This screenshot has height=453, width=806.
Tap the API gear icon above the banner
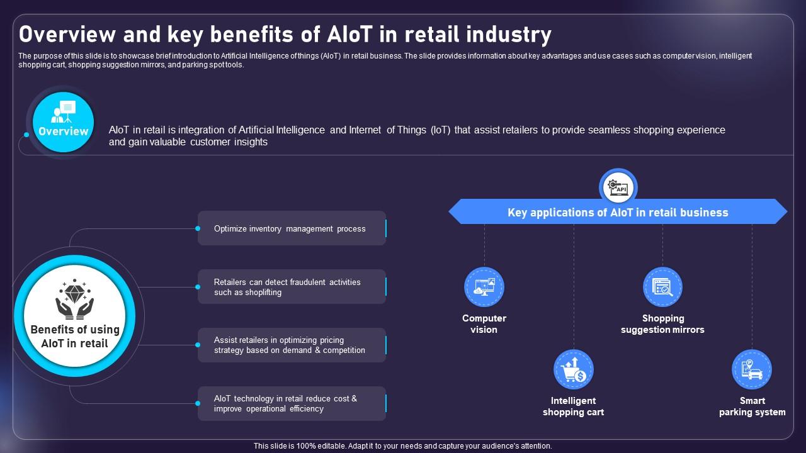click(x=618, y=187)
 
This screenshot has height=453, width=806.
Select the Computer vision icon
click(x=484, y=287)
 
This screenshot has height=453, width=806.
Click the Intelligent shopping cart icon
click(x=574, y=369)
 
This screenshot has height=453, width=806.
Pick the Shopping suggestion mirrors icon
click(x=662, y=287)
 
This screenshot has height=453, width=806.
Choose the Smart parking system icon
click(x=752, y=369)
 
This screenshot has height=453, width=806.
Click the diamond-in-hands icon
click(x=75, y=299)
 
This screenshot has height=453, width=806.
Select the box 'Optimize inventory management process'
click(x=292, y=228)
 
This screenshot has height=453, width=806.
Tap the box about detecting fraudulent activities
click(x=292, y=287)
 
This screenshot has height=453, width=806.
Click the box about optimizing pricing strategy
click(x=292, y=345)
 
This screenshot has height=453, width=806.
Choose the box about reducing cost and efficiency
click(x=292, y=403)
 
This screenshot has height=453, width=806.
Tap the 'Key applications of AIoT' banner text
click(x=618, y=213)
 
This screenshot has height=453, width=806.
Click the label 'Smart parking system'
click(x=752, y=406)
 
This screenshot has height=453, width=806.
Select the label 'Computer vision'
click(x=484, y=324)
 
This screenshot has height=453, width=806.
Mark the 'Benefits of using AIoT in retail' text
click(x=75, y=337)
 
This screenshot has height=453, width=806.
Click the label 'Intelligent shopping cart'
click(x=574, y=406)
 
